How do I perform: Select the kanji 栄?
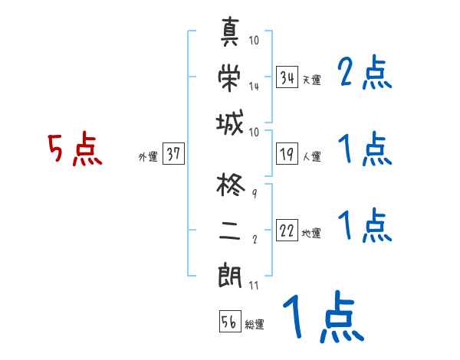coord(232,77)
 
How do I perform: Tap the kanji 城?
coord(232,123)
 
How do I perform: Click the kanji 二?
coord(232,229)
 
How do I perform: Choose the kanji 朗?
coord(232,274)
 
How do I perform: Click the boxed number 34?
coord(287,77)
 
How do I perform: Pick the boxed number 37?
coord(173,154)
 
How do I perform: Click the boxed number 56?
coord(229,322)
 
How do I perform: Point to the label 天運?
coord(311,80)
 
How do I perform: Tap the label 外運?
coord(147,156)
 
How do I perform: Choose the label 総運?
coord(255,324)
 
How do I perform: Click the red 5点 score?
coord(75,149)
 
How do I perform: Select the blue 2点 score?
coord(365,74)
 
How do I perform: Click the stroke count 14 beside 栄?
coord(254,87)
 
